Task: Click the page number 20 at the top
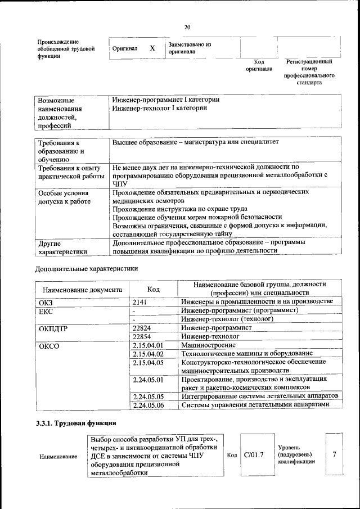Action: tap(187, 27)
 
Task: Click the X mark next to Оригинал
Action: tap(152, 48)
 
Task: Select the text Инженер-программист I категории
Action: tap(165, 100)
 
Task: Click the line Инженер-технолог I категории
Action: tap(160, 107)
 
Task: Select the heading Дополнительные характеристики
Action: tap(87, 268)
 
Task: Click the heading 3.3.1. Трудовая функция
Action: tap(76, 423)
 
